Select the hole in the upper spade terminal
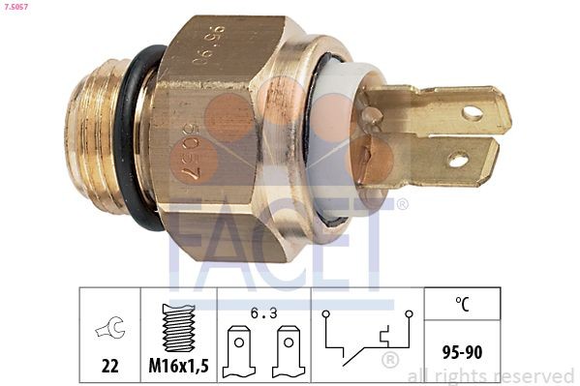473,113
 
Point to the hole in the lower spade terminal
458,159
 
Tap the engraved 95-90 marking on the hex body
208,45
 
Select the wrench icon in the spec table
109,330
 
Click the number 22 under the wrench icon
109,367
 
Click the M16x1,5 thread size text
178,367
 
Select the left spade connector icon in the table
238,350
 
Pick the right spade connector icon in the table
287,350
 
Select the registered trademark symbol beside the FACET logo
403,204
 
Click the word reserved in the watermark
534,376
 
